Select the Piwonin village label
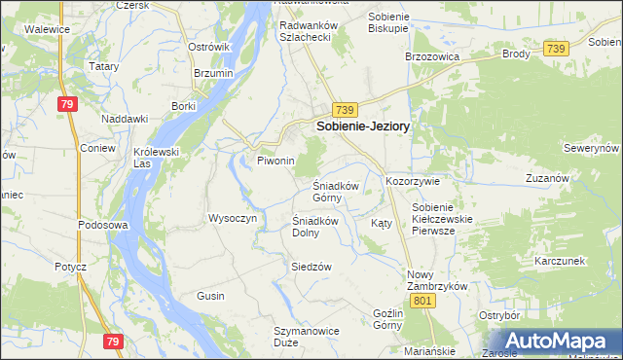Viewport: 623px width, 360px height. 275,161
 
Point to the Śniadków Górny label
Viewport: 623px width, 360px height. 337,192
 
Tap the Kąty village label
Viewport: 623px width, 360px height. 382,223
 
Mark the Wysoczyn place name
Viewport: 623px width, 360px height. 232,218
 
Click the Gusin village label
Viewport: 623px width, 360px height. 210,296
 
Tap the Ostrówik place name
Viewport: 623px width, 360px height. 208,47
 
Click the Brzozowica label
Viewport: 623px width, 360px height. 431,56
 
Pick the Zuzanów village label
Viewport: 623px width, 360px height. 546,179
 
